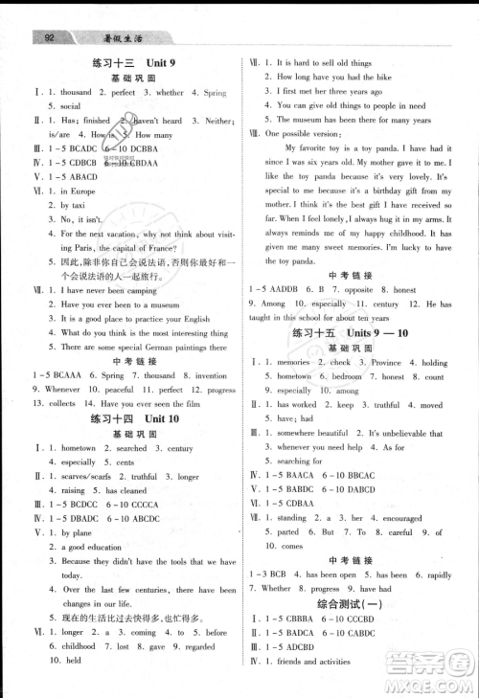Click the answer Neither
coord(218,121)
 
